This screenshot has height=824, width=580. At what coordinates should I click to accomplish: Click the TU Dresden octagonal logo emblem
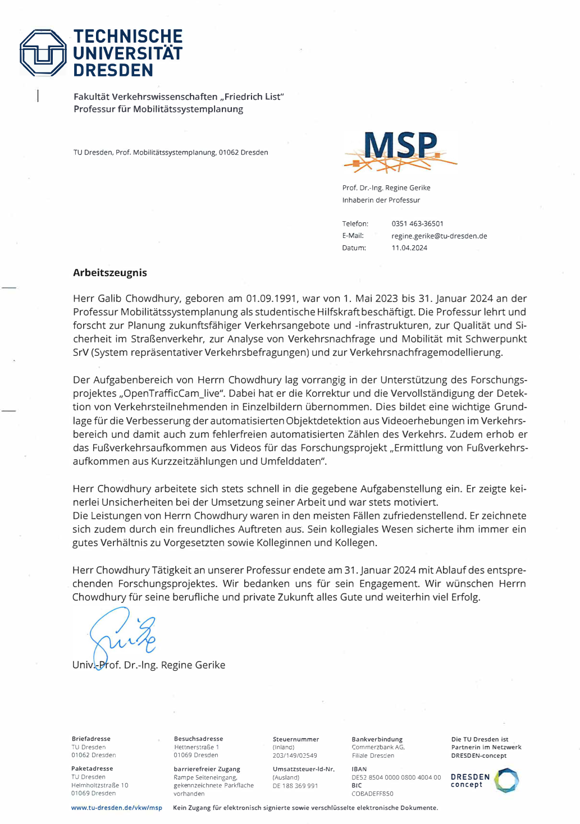tap(43, 53)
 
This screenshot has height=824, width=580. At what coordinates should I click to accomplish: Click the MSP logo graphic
tap(400, 150)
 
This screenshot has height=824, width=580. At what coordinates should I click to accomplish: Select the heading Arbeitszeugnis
tap(110, 273)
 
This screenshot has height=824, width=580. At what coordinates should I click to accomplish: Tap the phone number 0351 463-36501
tap(417, 223)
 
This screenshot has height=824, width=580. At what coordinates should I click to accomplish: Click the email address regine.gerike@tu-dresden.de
tap(439, 236)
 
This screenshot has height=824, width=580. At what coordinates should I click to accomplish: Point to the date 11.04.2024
tap(409, 248)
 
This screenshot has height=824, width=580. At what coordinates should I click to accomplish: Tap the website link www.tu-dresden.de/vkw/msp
tap(117, 808)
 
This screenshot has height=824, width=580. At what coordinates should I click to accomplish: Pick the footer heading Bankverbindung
tap(377, 739)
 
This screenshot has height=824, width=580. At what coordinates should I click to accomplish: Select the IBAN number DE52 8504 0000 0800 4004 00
tap(396, 777)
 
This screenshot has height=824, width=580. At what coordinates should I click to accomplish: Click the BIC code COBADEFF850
tap(372, 794)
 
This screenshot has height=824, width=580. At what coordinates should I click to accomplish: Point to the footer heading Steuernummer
tap(295, 739)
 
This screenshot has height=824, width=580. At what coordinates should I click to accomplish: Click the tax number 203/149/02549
tap(295, 756)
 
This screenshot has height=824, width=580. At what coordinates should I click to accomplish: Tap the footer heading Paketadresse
tap(92, 768)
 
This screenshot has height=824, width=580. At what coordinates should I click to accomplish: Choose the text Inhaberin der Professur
tap(381, 200)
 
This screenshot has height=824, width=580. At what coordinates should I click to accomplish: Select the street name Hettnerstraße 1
tap(197, 747)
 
